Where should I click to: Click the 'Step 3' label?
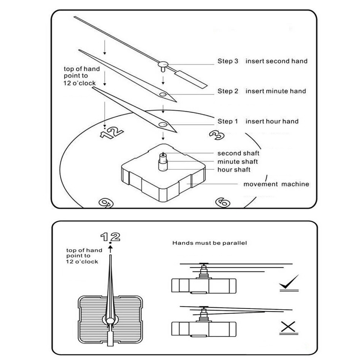(228, 61)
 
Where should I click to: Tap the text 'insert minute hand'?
(275, 91)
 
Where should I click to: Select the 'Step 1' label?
(228, 121)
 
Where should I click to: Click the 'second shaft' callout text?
(238, 153)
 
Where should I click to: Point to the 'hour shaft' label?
(234, 170)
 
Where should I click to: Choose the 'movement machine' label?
(276, 184)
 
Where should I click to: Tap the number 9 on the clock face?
(106, 203)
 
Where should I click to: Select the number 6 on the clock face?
(223, 202)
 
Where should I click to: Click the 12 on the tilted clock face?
(112, 133)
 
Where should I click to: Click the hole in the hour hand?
(163, 125)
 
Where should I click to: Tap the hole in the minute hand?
(163, 94)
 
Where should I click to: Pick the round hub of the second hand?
(163, 64)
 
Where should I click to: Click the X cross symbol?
(288, 327)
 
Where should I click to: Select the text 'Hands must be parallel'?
(210, 243)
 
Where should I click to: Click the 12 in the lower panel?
(110, 237)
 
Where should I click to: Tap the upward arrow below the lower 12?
(110, 249)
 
